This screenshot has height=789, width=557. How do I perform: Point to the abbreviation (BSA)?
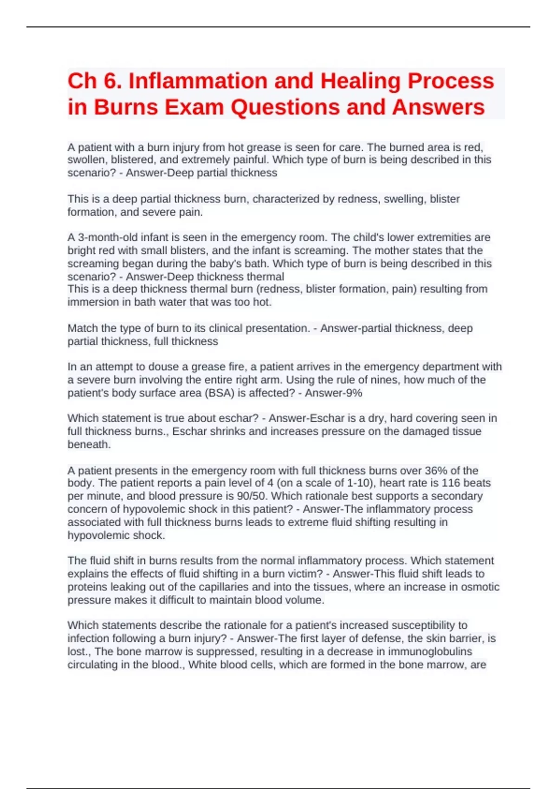point(219,393)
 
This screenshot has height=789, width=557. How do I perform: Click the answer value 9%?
point(354,393)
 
